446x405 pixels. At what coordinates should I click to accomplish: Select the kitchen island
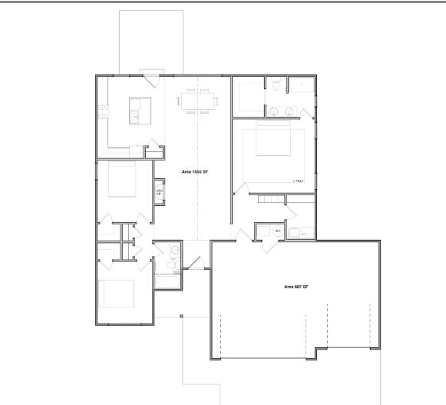[x=139, y=112]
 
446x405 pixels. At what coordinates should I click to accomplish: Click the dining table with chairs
[x=198, y=101]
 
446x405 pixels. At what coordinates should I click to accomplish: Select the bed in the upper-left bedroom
[x=122, y=178]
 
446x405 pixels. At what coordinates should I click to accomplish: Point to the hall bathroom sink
[x=176, y=251]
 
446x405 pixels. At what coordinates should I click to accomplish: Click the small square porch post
[x=180, y=316]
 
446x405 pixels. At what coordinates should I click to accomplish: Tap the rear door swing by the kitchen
[x=148, y=77]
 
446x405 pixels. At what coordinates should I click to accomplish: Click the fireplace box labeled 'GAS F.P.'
[x=160, y=192]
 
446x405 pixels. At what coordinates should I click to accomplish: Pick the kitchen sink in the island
[x=134, y=116]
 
